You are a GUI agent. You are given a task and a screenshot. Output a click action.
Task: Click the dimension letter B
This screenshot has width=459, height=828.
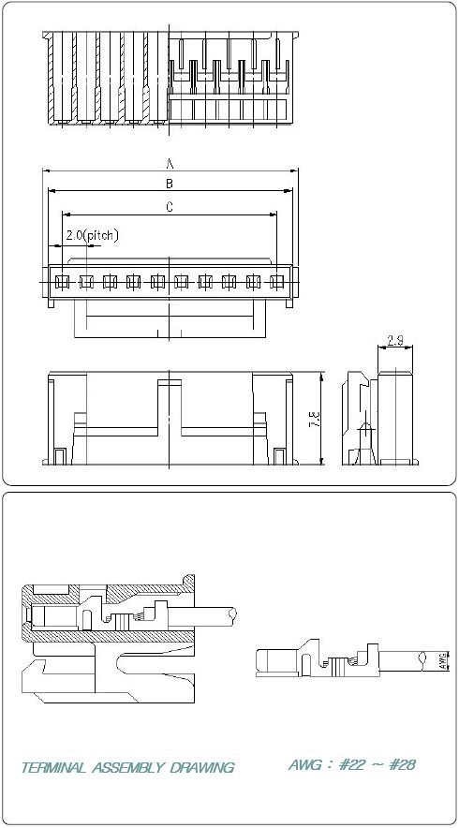point(170,184)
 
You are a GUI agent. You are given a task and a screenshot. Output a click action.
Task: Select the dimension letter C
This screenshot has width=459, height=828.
point(170,208)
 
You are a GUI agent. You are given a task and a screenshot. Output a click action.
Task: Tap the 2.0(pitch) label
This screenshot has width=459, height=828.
point(92,235)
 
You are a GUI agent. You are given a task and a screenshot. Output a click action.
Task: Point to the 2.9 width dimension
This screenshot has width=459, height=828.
point(395,341)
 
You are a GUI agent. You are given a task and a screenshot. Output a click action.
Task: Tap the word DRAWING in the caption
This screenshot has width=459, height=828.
point(202,768)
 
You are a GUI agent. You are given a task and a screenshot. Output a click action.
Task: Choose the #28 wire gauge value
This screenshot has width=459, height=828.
point(401,764)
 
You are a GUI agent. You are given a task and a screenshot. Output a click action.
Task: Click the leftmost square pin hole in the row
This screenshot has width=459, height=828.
point(60,281)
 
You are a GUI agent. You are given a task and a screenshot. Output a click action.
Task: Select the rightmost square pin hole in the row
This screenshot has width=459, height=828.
point(275,281)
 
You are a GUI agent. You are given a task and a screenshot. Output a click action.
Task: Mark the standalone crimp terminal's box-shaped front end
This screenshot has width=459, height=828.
point(274,660)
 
